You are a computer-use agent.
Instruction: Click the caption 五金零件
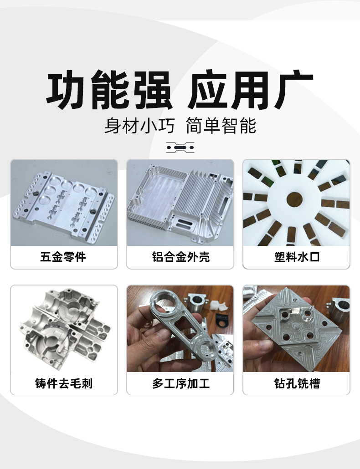(x=63, y=257)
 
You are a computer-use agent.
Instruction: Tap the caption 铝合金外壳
(x=181, y=257)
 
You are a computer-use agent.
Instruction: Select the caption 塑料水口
(x=297, y=257)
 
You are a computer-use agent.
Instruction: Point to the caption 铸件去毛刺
(x=64, y=383)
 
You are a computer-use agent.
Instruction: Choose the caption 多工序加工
(x=181, y=383)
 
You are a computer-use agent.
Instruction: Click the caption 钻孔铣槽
(x=297, y=383)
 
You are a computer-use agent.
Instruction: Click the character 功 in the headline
(x=65, y=89)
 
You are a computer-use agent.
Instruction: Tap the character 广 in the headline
(x=293, y=89)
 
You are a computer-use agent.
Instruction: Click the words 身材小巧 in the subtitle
(x=139, y=126)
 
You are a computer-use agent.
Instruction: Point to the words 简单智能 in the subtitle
(x=221, y=126)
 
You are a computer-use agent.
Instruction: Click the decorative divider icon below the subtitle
(x=180, y=148)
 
